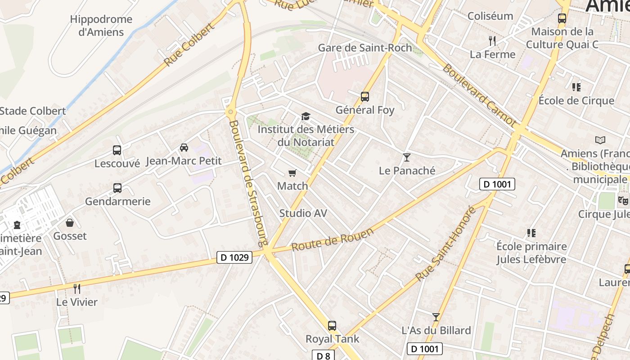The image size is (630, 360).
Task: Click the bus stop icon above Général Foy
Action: point(364,96)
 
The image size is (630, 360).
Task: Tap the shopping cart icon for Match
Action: point(292,173)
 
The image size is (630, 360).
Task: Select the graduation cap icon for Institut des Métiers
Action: point(306,117)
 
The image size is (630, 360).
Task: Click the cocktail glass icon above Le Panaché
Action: point(407,157)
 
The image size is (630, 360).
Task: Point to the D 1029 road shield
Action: point(234,257)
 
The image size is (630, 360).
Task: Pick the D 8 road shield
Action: point(323,355)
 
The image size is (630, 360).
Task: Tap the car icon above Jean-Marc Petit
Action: point(184,147)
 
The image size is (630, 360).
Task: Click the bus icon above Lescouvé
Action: point(117,150)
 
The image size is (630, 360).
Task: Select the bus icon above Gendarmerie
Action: point(117,188)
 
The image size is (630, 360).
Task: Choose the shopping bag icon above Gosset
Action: point(70,222)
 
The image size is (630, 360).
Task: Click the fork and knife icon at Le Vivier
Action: point(77,288)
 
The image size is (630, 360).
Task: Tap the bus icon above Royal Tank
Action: point(332,325)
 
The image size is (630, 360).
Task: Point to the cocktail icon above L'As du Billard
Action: point(436,317)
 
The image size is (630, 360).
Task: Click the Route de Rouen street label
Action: point(333,240)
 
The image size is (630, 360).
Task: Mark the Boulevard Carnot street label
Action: point(479,95)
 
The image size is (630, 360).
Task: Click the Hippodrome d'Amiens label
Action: point(101,26)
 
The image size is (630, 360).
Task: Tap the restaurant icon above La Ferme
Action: point(492,41)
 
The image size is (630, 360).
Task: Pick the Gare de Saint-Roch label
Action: point(365,48)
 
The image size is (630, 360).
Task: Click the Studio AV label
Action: point(303,213)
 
